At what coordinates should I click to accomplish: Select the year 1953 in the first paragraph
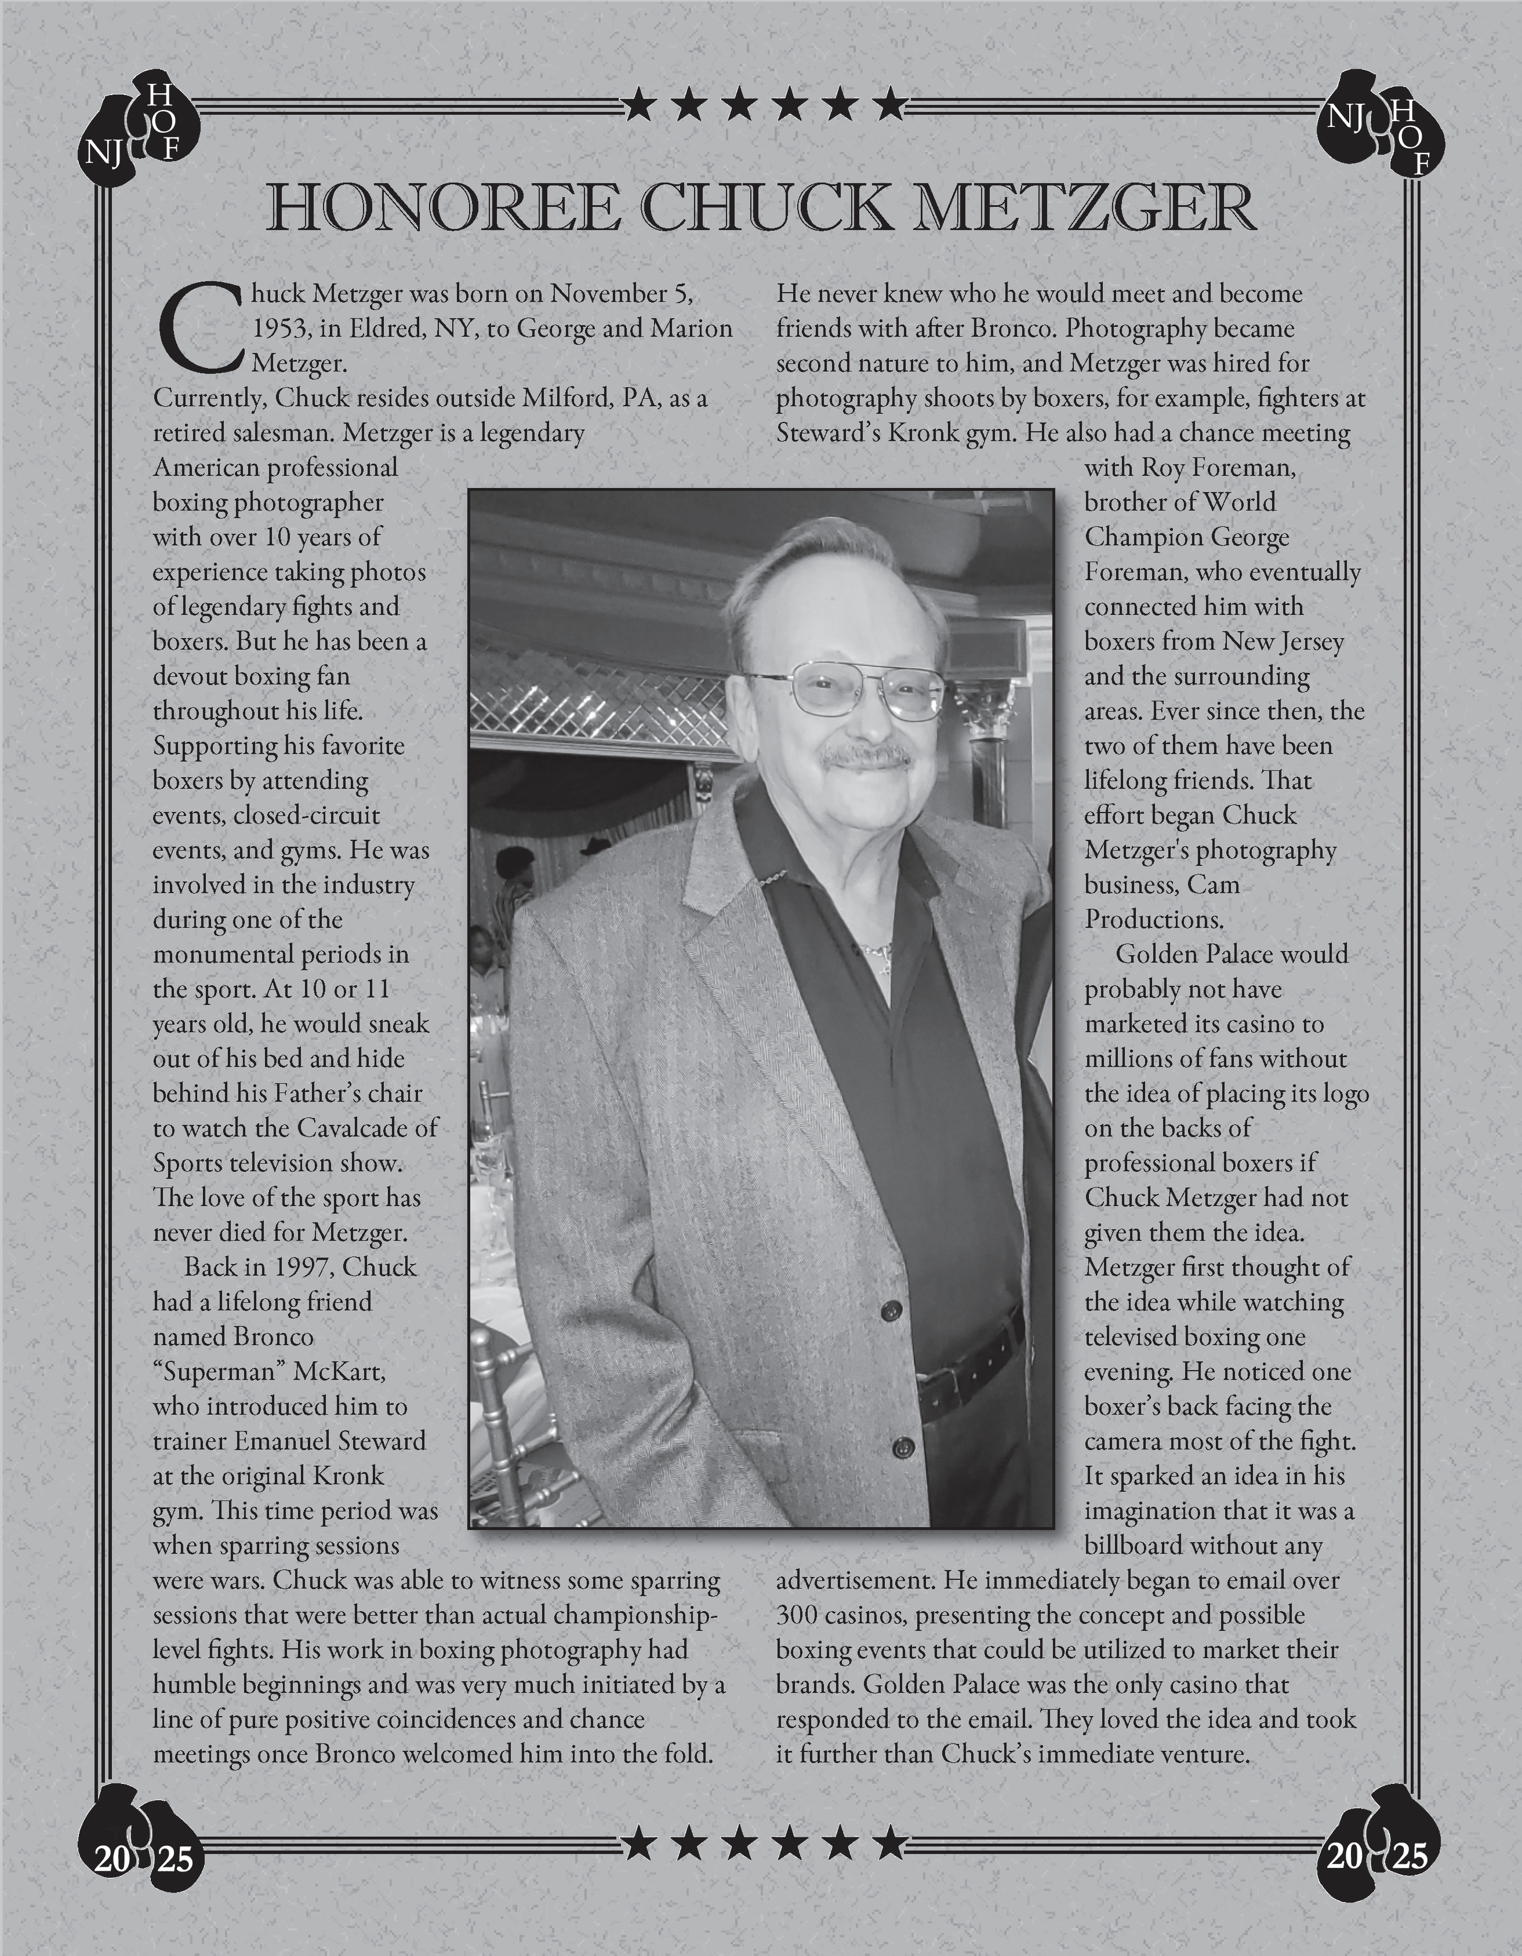point(281,329)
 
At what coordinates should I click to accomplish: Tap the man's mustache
point(865,757)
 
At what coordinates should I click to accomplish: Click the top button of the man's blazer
point(891,1311)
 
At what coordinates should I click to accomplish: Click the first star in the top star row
point(639,105)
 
